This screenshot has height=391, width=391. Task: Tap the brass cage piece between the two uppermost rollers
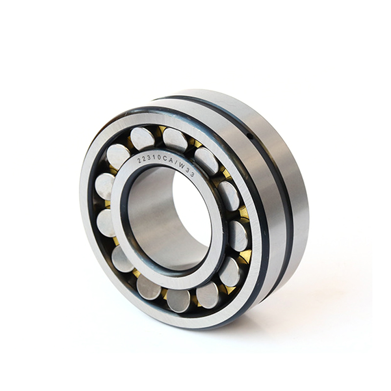click(159, 130)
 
